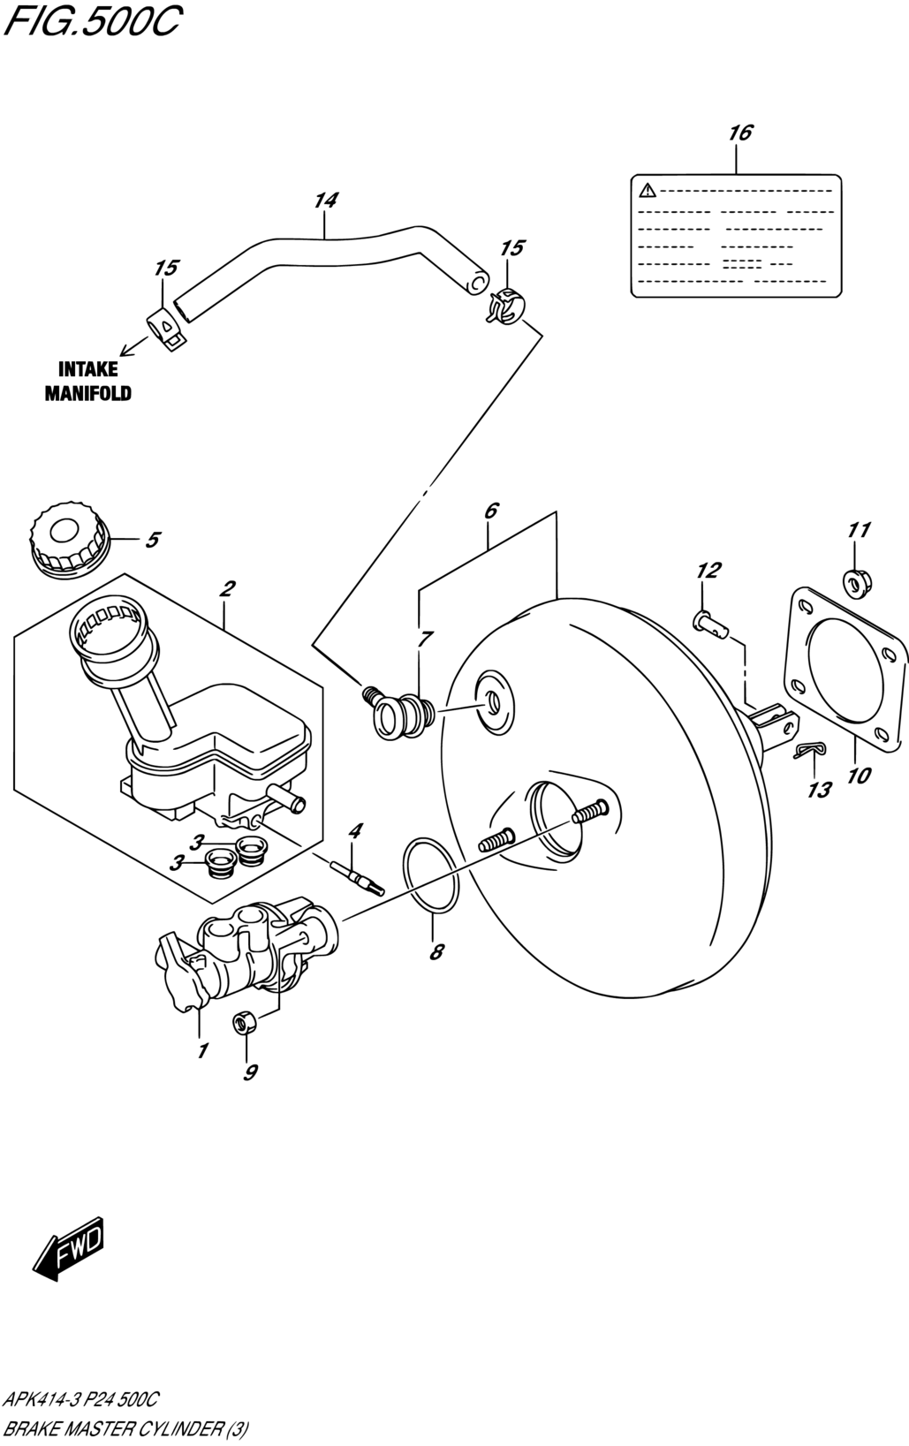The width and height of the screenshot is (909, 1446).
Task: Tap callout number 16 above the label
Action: (740, 133)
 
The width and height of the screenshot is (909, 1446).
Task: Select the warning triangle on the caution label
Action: (648, 190)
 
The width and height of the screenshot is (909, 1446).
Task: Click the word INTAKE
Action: (87, 369)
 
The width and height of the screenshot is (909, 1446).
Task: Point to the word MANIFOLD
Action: (87, 393)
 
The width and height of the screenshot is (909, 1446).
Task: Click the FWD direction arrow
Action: (68, 1248)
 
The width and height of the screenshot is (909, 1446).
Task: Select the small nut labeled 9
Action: (245, 1023)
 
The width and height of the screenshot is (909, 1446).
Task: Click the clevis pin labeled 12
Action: (709, 623)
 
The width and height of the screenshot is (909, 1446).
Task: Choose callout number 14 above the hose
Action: (326, 201)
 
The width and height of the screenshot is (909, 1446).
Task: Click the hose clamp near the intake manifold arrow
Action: (165, 329)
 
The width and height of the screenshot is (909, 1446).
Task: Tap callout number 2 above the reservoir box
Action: (227, 588)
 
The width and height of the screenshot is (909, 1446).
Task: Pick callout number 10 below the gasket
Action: (860, 776)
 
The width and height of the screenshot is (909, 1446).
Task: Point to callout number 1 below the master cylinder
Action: (202, 1051)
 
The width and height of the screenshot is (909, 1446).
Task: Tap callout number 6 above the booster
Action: (490, 511)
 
